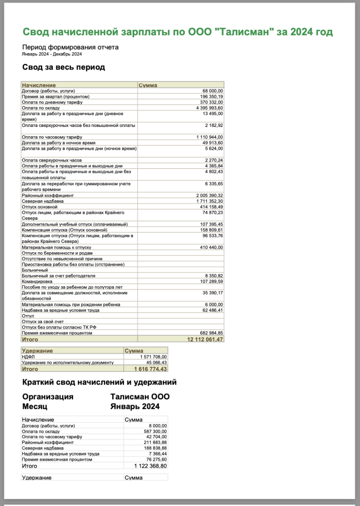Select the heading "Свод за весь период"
63,67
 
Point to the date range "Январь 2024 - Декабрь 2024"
52,54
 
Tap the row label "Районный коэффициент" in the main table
48,196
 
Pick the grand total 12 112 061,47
205,339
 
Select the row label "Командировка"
37,281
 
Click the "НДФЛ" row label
28,357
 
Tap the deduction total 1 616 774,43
151,369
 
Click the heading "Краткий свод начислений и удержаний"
99,382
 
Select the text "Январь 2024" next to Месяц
135,407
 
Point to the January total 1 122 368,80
150,466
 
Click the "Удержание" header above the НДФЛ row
38,350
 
